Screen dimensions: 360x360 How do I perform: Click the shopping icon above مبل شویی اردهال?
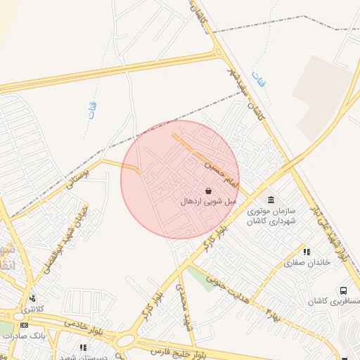[208, 191]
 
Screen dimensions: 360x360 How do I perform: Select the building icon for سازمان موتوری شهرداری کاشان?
[272, 200]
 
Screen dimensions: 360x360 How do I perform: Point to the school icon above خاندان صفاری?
[307, 252]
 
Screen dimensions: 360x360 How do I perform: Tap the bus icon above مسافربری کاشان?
[343, 290]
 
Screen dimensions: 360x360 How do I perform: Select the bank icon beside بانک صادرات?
[25, 325]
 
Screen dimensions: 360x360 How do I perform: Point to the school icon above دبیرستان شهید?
[84, 347]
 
